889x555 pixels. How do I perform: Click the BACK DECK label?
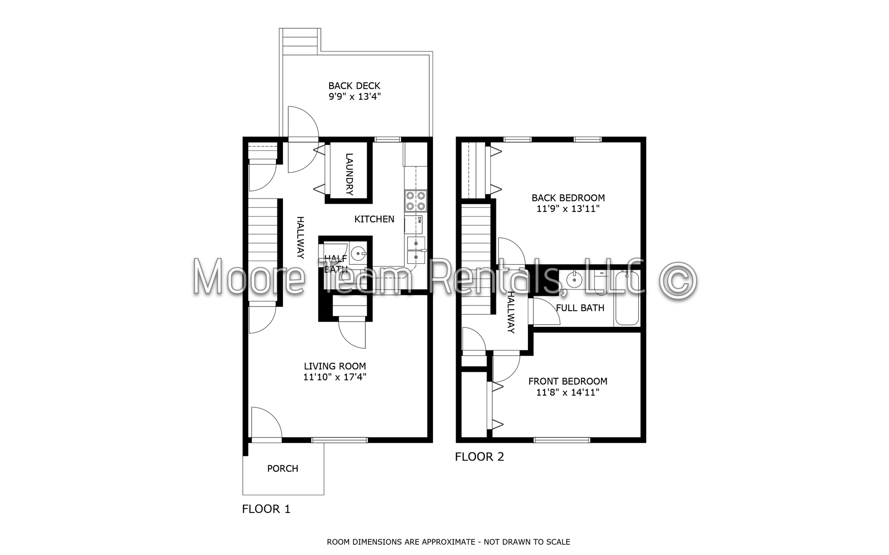pyautogui.click(x=354, y=86)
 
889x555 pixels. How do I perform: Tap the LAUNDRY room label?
pyautogui.click(x=350, y=174)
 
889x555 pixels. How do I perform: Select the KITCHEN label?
pyautogui.click(x=374, y=219)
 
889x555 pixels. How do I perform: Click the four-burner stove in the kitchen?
pyautogui.click(x=415, y=201)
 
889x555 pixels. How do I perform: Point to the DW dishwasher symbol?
pyautogui.click(x=419, y=220)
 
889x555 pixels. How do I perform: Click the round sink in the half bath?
pyautogui.click(x=358, y=254)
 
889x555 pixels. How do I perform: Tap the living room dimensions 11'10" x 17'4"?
pyautogui.click(x=335, y=377)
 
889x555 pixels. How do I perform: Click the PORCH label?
pyautogui.click(x=282, y=468)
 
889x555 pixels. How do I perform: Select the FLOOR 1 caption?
pyautogui.click(x=266, y=509)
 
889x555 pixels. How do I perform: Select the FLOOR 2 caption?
pyautogui.click(x=479, y=457)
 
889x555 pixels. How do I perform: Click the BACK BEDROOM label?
pyautogui.click(x=568, y=198)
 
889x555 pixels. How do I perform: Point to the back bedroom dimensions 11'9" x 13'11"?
pyautogui.click(x=568, y=209)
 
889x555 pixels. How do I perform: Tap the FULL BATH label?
pyautogui.click(x=580, y=308)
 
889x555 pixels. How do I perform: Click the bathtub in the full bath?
pyautogui.click(x=627, y=299)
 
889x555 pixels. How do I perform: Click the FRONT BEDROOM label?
pyautogui.click(x=568, y=381)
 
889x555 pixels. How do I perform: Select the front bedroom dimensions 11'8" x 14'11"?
pyautogui.click(x=568, y=393)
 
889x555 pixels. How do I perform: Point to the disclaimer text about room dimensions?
pyautogui.click(x=448, y=542)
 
